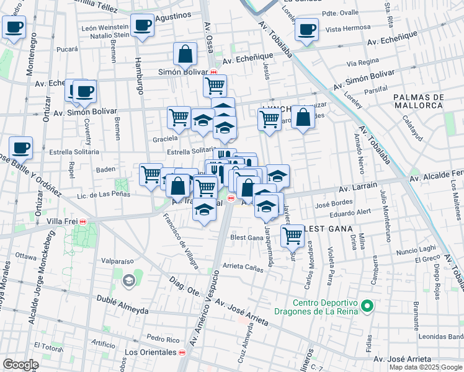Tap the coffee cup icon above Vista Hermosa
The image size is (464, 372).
[x=306, y=29]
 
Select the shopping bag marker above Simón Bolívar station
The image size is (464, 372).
[x=185, y=54]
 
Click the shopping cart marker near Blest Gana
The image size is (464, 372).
[x=292, y=235]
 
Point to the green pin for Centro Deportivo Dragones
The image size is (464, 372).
[x=367, y=306]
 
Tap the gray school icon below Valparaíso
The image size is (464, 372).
[x=128, y=281]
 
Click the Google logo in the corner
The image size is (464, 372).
[x=20, y=365]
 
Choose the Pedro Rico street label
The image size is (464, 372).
[x=163, y=339]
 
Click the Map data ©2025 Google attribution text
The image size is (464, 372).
[x=425, y=367]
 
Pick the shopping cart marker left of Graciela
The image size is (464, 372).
[x=179, y=116]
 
